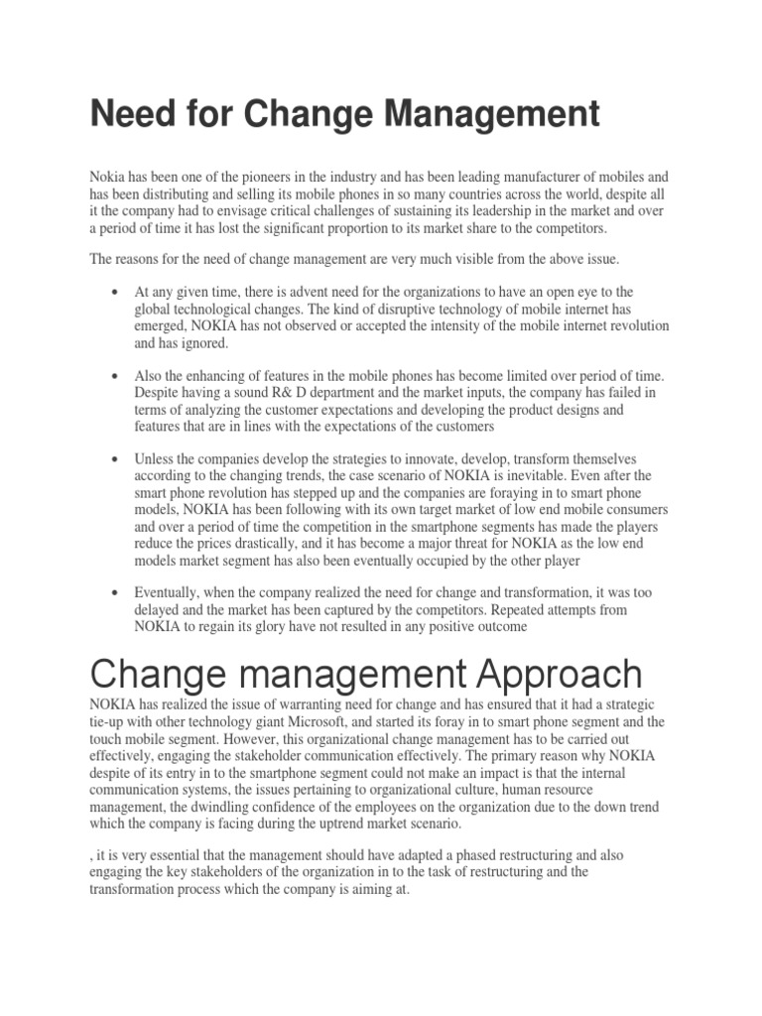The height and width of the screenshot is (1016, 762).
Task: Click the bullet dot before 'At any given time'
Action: (117, 292)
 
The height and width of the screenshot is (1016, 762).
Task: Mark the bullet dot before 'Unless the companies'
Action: (117, 458)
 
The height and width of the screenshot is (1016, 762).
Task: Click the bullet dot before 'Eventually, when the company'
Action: (117, 592)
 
